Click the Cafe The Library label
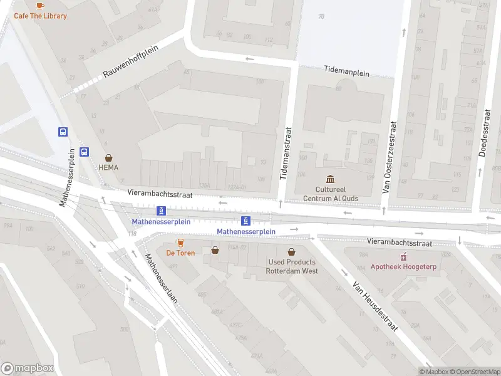[x=40, y=16]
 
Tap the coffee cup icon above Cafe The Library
[x=40, y=5]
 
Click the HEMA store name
[x=108, y=168]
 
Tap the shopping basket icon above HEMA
[x=108, y=157]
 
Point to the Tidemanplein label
[x=346, y=72]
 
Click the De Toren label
[x=180, y=253]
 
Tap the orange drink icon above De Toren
[x=180, y=243]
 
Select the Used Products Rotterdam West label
[x=292, y=266]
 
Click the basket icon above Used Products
[x=292, y=251]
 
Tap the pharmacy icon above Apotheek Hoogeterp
[x=404, y=256]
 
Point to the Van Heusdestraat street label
[x=375, y=306]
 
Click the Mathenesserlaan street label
[x=162, y=278]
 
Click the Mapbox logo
[x=28, y=368]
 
